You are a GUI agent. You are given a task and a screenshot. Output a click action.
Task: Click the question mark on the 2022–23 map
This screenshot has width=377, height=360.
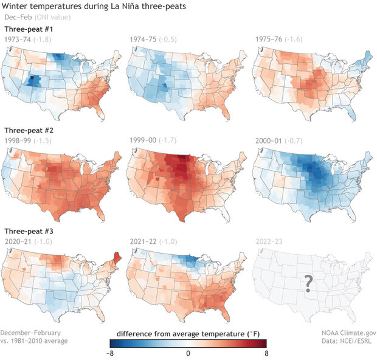(308, 282)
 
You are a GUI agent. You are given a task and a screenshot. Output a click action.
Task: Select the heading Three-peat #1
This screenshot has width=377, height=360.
(29, 29)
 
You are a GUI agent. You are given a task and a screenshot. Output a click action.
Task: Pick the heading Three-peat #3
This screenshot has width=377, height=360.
(29, 231)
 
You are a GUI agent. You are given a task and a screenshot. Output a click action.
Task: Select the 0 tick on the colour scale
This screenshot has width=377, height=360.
(188, 353)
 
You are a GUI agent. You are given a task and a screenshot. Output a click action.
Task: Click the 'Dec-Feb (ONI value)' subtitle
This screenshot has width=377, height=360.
(38, 18)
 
